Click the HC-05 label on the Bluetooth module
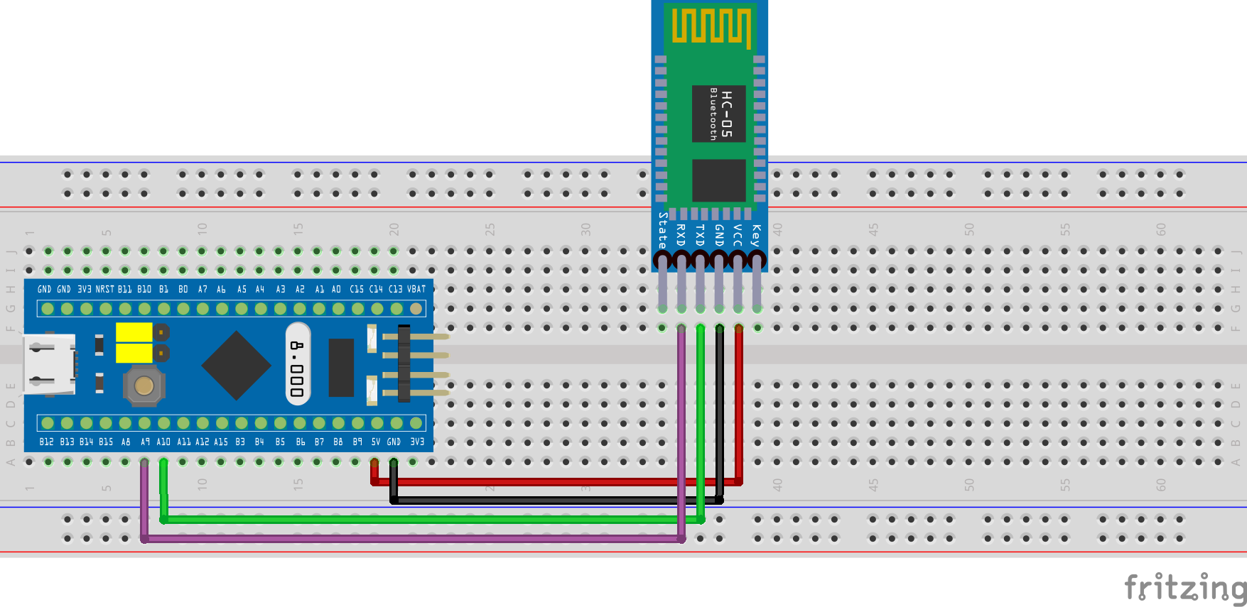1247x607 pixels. click(726, 114)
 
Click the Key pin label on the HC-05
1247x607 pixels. click(756, 235)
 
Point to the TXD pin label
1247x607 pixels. click(700, 235)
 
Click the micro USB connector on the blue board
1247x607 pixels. click(48, 364)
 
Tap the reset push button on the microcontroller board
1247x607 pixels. click(144, 385)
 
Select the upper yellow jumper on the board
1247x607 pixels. click(134, 332)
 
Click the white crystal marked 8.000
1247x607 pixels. click(298, 363)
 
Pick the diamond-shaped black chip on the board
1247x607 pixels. click(236, 366)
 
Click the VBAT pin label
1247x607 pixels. click(416, 289)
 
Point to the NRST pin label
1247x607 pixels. click(104, 289)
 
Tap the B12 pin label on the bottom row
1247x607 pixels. click(46, 442)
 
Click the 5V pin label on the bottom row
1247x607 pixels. click(375, 442)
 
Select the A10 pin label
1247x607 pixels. click(163, 442)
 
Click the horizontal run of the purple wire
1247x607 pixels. click(412, 539)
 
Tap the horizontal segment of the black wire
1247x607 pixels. click(554, 501)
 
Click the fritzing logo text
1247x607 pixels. click(1184, 587)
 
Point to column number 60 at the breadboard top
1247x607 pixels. click(1160, 229)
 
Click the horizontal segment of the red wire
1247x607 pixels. click(554, 482)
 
